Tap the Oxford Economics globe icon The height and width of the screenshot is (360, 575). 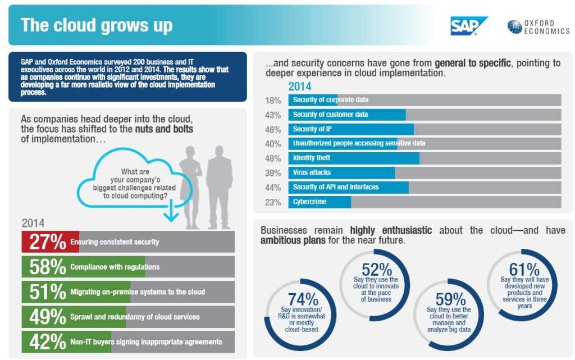pyautogui.click(x=514, y=27)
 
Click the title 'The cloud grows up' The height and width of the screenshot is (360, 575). pyautogui.click(x=97, y=25)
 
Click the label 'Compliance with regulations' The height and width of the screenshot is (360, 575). pyautogui.click(x=115, y=267)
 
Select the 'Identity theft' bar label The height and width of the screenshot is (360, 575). pyautogui.click(x=312, y=158)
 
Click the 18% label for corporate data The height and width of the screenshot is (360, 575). pyautogui.click(x=273, y=100)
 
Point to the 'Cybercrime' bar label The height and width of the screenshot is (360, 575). pyautogui.click(x=309, y=202)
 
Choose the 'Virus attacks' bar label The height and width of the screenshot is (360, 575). pyautogui.click(x=312, y=172)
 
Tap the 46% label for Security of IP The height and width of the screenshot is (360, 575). pyautogui.click(x=273, y=129)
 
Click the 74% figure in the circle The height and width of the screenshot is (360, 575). pyautogui.click(x=303, y=300)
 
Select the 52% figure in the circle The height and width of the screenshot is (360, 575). pyautogui.click(x=376, y=268)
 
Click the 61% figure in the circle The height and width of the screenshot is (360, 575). pyautogui.click(x=524, y=269)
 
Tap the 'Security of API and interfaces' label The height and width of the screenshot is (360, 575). pyautogui.click(x=336, y=187)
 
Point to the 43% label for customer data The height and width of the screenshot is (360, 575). pyautogui.click(x=273, y=115)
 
